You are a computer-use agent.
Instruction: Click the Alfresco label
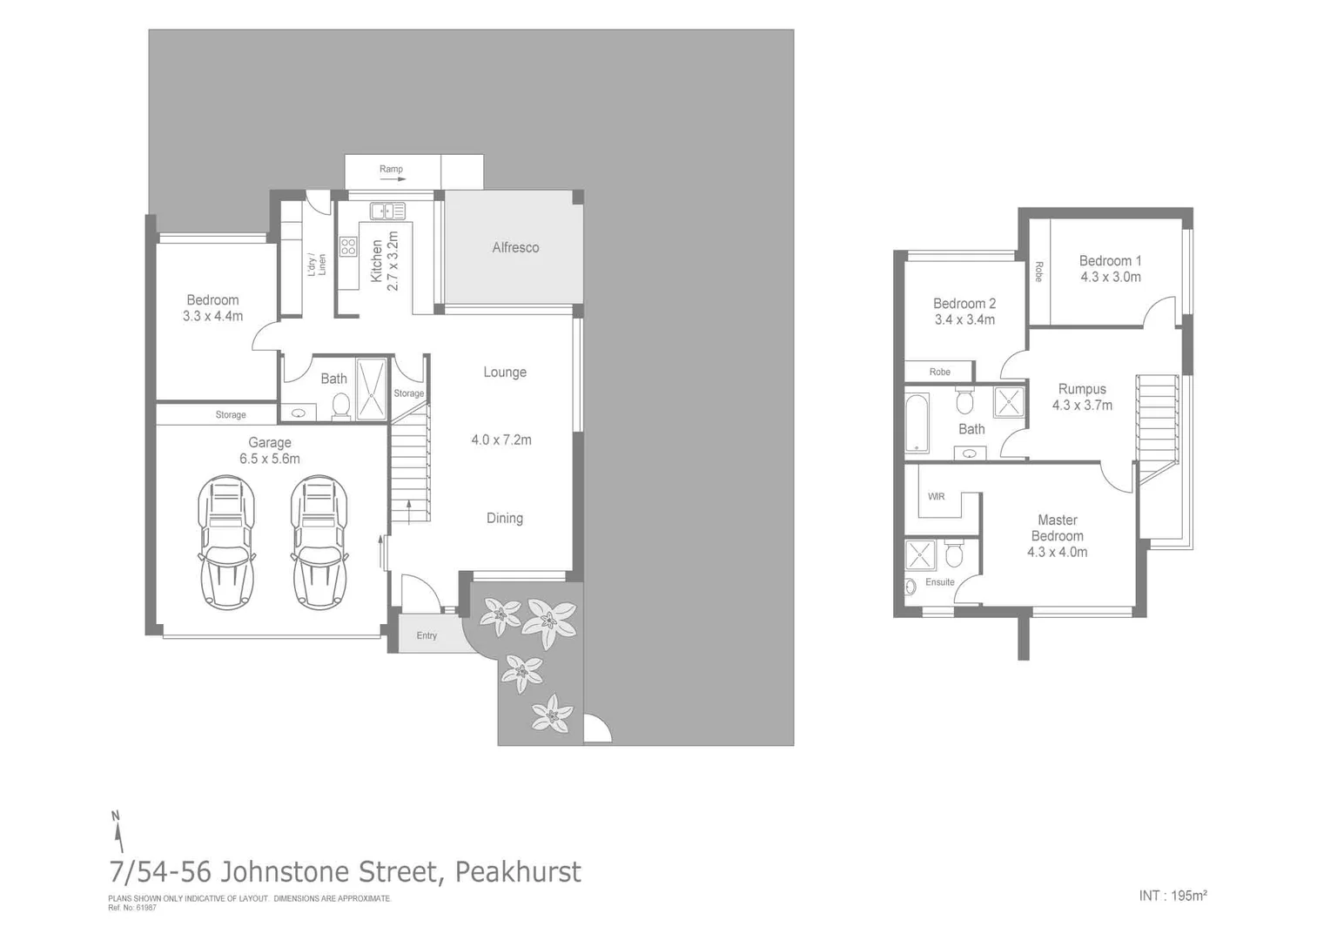click(x=515, y=248)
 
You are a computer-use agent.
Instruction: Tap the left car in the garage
click(x=226, y=541)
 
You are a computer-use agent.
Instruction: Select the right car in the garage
click(x=319, y=541)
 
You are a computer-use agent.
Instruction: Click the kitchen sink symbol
click(x=387, y=211)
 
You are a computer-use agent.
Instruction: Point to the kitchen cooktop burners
click(x=348, y=246)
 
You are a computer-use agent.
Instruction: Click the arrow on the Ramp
click(x=393, y=179)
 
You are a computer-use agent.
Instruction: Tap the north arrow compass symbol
click(x=117, y=830)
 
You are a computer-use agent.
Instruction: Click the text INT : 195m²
click(x=1173, y=896)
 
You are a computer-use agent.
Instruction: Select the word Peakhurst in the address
click(x=518, y=871)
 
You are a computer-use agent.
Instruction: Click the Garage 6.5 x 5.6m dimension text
click(x=270, y=459)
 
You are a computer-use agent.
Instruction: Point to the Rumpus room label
click(x=1082, y=389)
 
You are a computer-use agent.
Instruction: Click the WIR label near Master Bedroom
click(x=936, y=497)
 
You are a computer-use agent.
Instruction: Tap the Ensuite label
click(x=939, y=582)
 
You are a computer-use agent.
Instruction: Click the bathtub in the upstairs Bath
click(x=917, y=424)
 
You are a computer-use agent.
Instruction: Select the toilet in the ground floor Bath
click(x=341, y=405)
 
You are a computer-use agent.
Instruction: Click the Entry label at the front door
click(x=427, y=635)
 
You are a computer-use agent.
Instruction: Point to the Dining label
click(x=505, y=519)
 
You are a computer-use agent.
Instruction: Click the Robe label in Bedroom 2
click(x=939, y=372)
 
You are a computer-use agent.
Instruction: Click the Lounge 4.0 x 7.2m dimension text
click(x=501, y=440)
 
